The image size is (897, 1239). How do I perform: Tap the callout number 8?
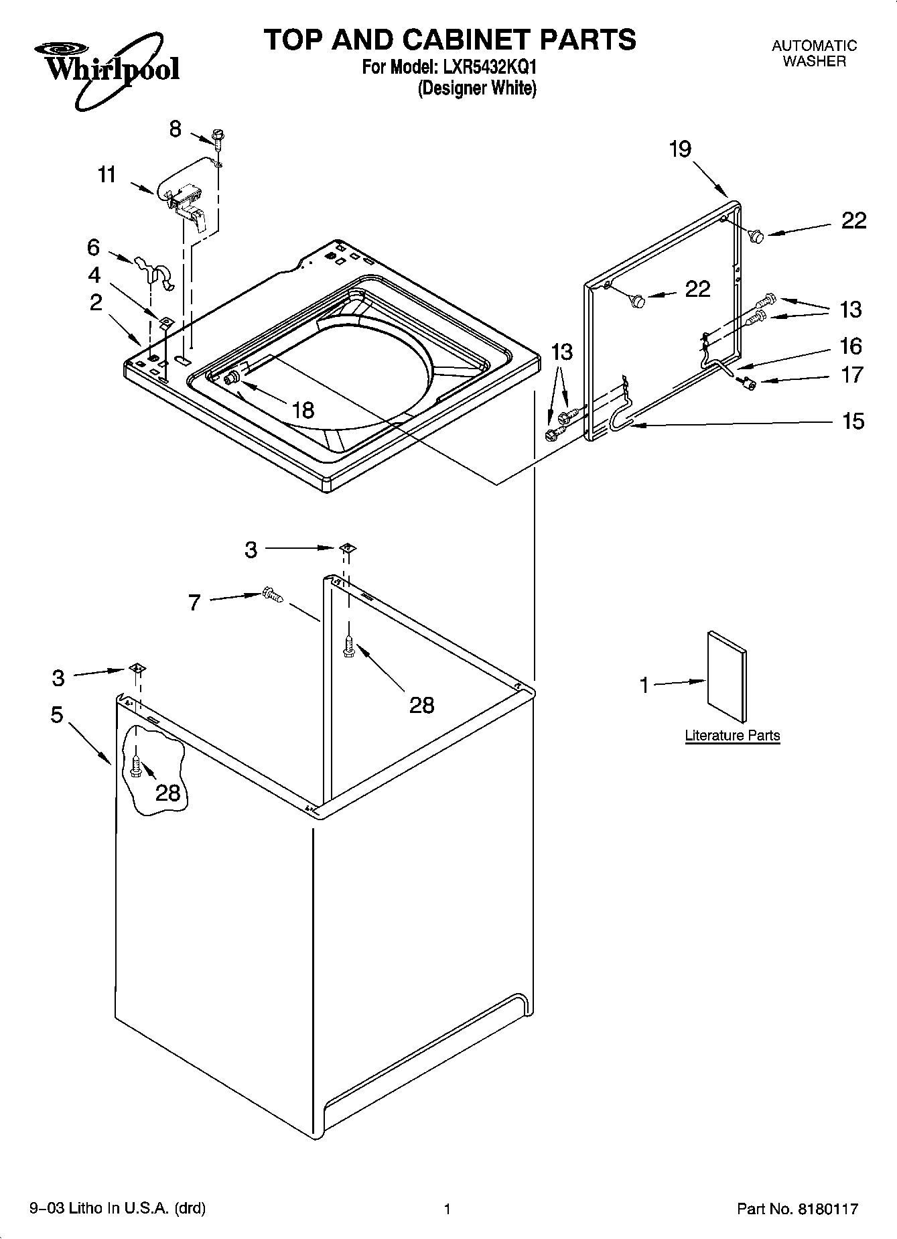coord(176,129)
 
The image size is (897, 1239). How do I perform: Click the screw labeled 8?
coord(218,137)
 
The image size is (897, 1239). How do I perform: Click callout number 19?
coord(680,149)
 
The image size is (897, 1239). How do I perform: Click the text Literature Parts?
coord(732,736)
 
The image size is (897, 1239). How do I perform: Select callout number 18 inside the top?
coord(303,409)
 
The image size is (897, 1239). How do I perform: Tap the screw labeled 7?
coord(273,594)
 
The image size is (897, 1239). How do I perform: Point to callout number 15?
coord(853,421)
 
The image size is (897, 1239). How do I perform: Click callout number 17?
coord(852,375)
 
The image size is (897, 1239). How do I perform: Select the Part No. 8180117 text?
coord(797,1209)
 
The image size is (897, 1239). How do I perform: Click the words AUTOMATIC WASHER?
coord(814,54)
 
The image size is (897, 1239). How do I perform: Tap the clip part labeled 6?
coord(155,272)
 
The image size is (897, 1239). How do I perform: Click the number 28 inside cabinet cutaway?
coord(168,793)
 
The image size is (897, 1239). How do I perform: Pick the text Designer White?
coord(477,88)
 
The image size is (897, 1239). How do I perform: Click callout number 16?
coord(851,346)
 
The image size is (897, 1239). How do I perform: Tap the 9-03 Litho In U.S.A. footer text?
coord(118,1208)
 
